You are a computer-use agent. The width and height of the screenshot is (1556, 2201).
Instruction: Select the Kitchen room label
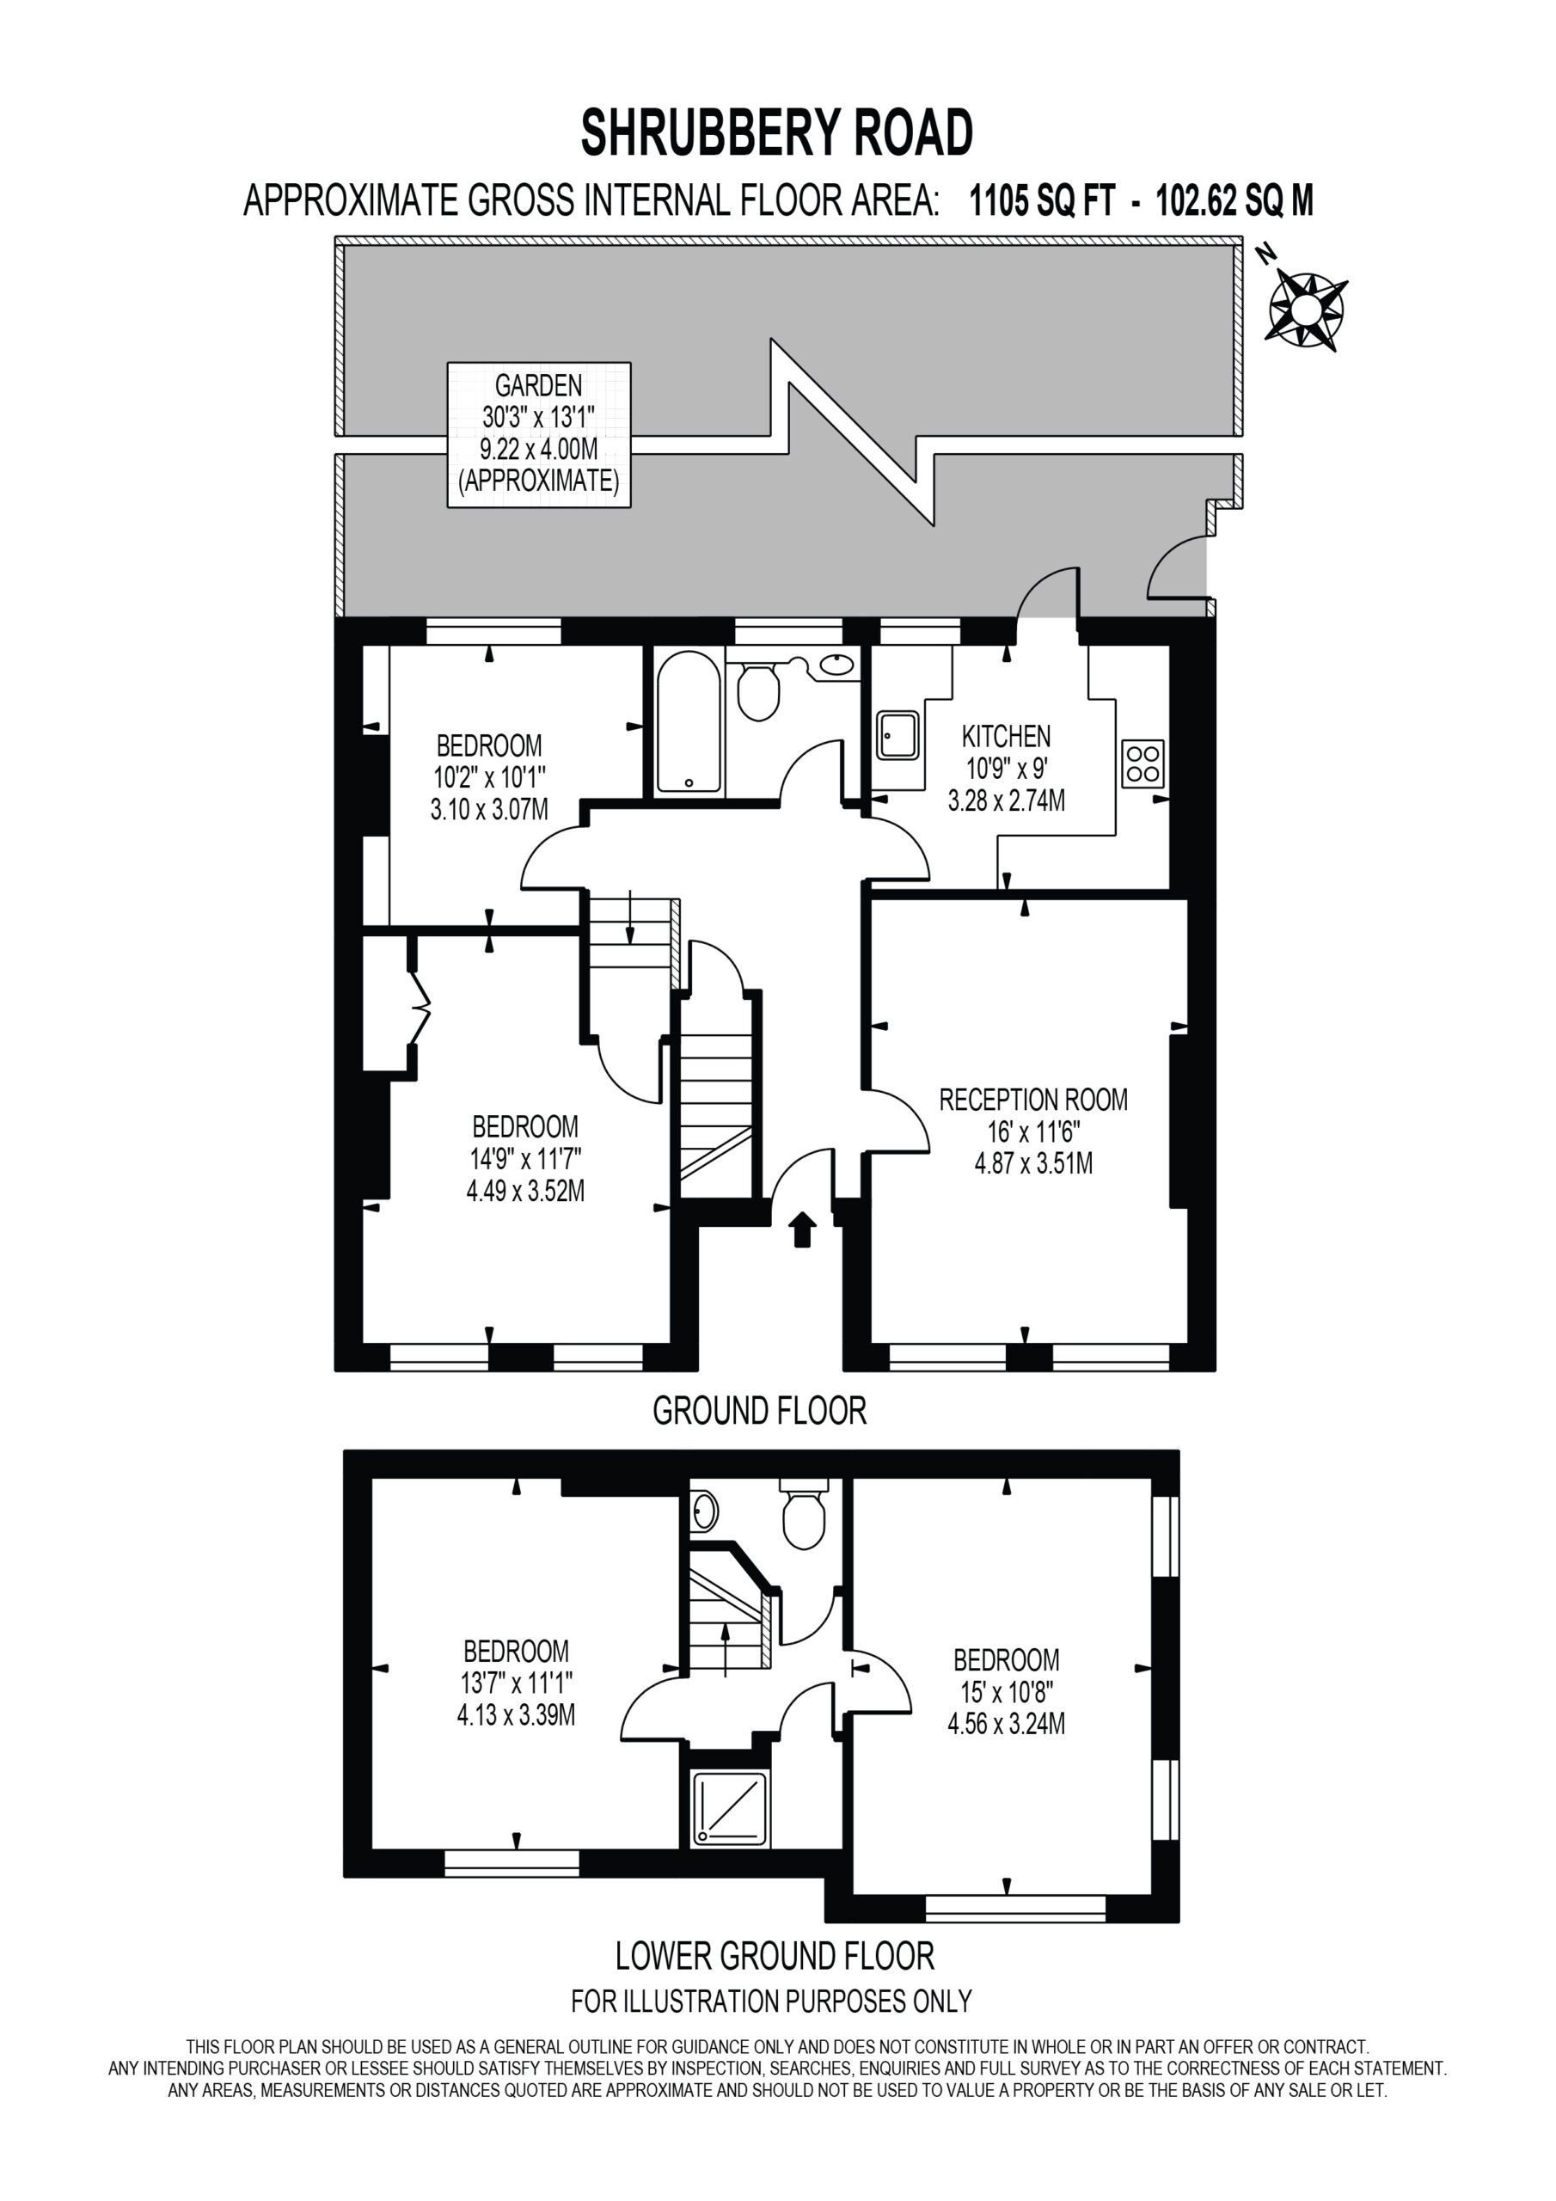point(1007,736)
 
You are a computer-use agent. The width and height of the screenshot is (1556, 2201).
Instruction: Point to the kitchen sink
point(897,735)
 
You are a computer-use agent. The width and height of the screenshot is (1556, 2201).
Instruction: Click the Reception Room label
point(1033,1100)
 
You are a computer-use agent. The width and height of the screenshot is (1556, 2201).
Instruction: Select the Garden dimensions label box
point(539,434)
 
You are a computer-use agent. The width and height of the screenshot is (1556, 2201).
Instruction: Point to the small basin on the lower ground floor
point(705,1511)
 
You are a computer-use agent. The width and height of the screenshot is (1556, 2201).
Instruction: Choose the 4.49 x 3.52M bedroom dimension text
point(525,1191)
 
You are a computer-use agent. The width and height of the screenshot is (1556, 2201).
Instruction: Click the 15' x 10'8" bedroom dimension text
point(1006,1692)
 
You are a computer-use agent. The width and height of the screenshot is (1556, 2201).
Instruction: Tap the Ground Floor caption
point(759,1410)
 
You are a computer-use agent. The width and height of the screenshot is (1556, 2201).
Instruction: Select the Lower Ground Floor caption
point(775,1956)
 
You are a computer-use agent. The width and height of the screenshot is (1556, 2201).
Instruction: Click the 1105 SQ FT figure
point(1042,201)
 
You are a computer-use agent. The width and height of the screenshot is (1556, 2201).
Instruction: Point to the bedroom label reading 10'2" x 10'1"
point(489,777)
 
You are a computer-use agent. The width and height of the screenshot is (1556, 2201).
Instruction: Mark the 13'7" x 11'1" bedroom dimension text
point(516,1683)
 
